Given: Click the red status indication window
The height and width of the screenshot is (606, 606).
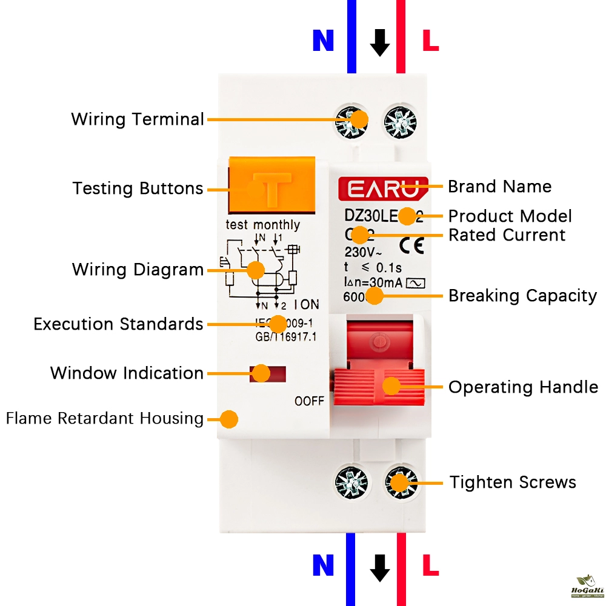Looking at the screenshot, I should pyautogui.click(x=267, y=374).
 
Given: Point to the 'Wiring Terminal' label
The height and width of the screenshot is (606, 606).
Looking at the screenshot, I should pyautogui.click(x=138, y=119).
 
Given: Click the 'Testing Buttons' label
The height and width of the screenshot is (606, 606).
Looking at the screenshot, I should pyautogui.click(x=138, y=188).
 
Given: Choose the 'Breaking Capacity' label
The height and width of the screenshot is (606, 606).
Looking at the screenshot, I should pyautogui.click(x=522, y=296).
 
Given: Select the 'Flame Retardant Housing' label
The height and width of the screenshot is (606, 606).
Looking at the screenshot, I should pyautogui.click(x=104, y=418).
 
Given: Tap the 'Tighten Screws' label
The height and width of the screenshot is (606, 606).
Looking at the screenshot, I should pyautogui.click(x=513, y=482).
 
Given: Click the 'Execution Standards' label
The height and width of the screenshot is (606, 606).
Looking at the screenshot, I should pyautogui.click(x=118, y=324).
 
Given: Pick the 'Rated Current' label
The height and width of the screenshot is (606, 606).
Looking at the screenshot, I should pyautogui.click(x=507, y=235).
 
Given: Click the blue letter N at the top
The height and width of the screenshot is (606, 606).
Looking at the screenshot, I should pyautogui.click(x=323, y=41).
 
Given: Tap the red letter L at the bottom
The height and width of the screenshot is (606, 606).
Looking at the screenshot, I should pyautogui.click(x=430, y=565).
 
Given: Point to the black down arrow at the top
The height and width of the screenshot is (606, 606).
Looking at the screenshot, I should pyautogui.click(x=380, y=42).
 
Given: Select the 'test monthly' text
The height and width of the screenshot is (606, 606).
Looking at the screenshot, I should pyautogui.click(x=262, y=225).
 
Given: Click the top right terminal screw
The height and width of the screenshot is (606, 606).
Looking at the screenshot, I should pyautogui.click(x=400, y=119).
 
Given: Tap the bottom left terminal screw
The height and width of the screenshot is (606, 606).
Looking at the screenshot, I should pyautogui.click(x=351, y=483).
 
